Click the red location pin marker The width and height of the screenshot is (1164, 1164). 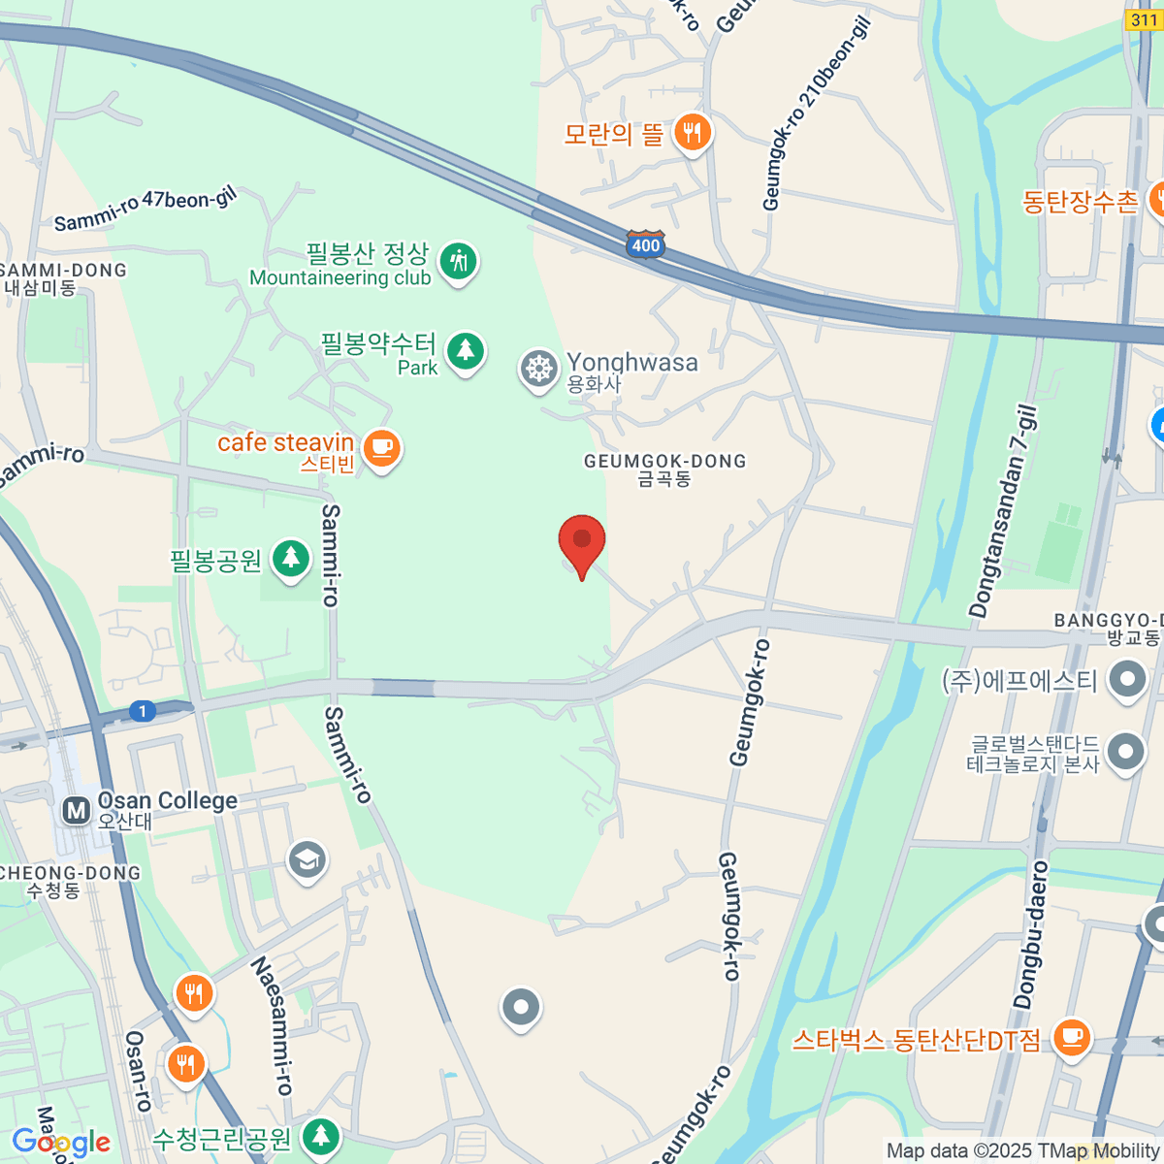click(x=582, y=541)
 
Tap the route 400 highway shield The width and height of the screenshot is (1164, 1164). click(x=645, y=244)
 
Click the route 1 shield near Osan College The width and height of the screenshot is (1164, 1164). click(x=143, y=711)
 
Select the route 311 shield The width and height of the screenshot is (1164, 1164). click(x=1145, y=19)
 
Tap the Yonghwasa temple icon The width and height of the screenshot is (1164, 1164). click(x=538, y=370)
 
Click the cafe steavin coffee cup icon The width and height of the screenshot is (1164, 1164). click(x=382, y=448)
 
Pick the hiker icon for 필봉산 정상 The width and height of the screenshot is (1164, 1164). click(x=458, y=261)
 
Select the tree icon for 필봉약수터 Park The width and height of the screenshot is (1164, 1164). click(x=466, y=349)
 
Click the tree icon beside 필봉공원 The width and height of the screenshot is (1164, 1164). click(x=290, y=559)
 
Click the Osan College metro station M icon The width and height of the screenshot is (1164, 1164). click(x=76, y=810)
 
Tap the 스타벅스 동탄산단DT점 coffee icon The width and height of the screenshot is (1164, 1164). click(x=1071, y=1037)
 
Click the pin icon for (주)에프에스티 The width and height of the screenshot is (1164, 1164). click(x=1127, y=678)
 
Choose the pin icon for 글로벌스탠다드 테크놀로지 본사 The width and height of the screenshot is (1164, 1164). click(x=1125, y=752)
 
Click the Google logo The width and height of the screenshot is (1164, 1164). click(x=61, y=1143)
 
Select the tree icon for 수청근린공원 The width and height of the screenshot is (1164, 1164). click(x=321, y=1136)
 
